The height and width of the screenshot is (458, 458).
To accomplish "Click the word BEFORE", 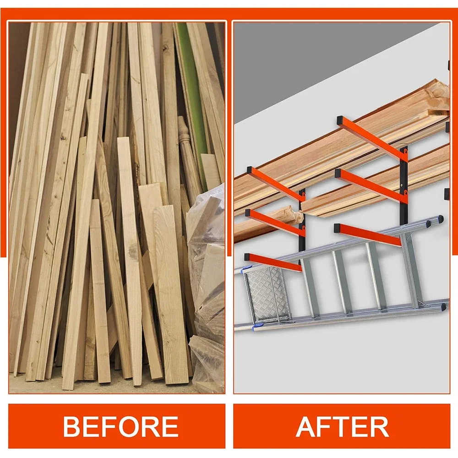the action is point(120,426).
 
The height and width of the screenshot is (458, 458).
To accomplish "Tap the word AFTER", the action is point(342,426).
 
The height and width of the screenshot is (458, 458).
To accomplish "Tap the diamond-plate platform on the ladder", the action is point(264,292).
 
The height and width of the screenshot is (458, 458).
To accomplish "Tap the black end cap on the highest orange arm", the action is point(341,120).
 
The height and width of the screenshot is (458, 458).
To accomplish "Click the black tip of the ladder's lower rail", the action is point(443,306).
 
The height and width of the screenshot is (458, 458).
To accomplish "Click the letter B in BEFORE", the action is point(71,426).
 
